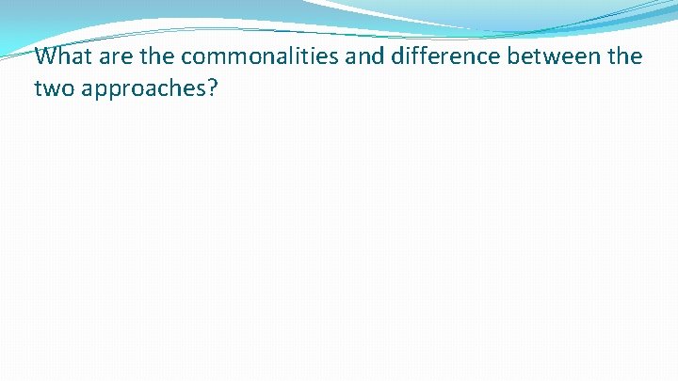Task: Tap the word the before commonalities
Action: [x=159, y=56]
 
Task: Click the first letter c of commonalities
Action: [x=186, y=57]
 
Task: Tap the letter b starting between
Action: [x=513, y=56]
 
